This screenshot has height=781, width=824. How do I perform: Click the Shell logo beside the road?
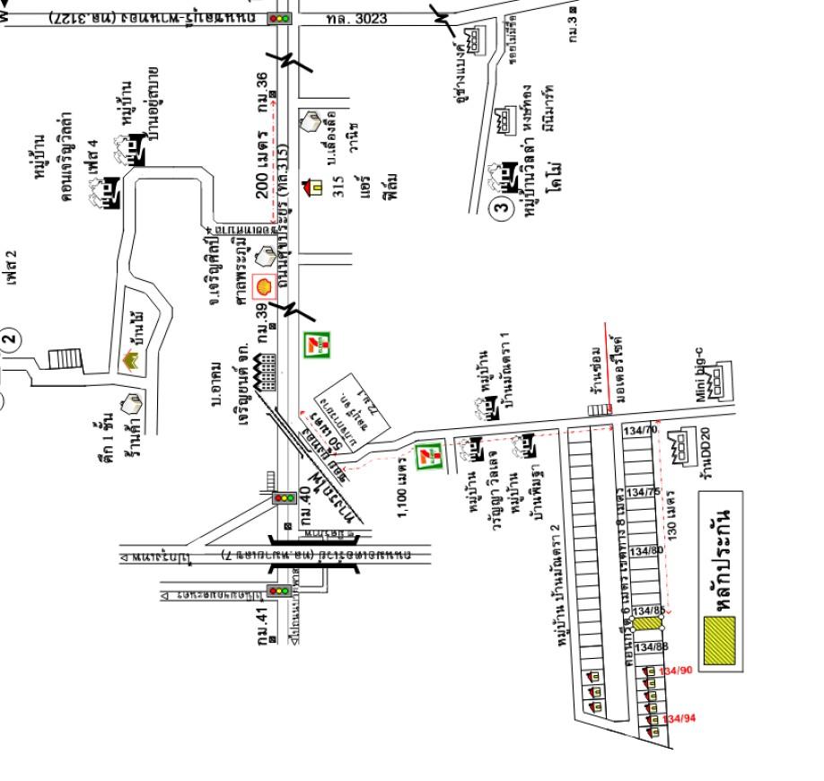(264, 286)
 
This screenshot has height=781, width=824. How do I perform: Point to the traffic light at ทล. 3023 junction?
(280, 18)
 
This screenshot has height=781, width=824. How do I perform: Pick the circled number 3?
(503, 210)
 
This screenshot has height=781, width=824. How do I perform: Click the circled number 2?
(9, 339)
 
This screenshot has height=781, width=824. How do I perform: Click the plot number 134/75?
(643, 492)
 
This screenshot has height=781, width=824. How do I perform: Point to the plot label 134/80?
(646, 550)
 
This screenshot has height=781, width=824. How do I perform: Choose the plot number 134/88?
(652, 646)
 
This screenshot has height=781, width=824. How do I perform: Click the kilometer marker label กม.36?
(262, 92)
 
